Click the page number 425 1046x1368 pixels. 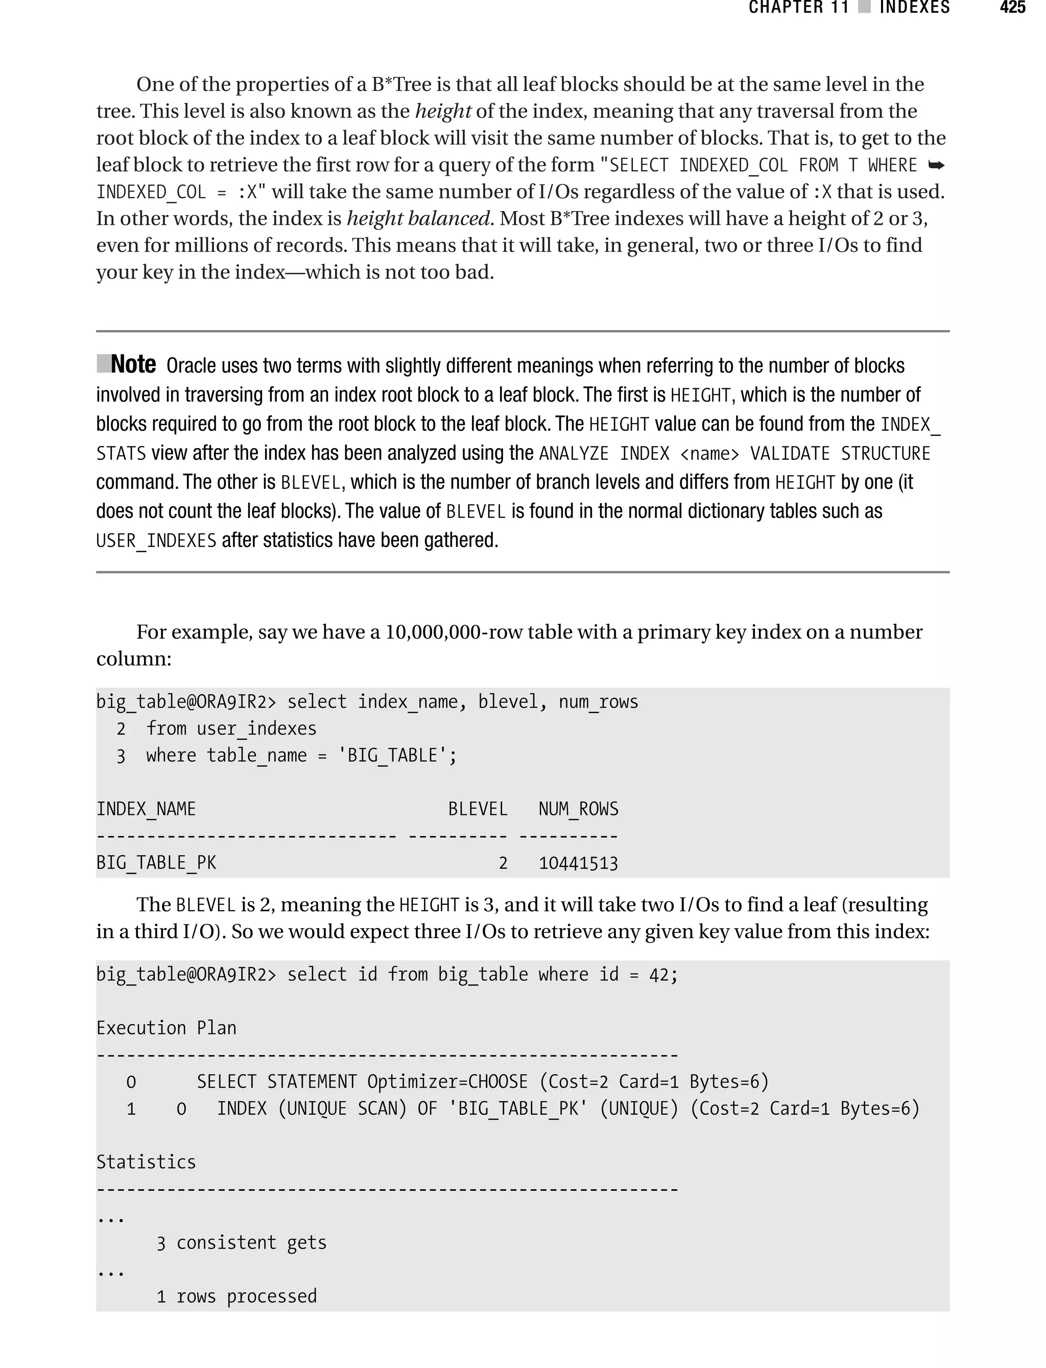[1012, 8]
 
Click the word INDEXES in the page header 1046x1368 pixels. [914, 8]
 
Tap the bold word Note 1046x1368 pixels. [133, 365]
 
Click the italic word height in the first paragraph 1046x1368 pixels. [443, 111]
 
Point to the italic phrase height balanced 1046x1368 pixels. [418, 219]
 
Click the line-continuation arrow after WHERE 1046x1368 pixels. [936, 166]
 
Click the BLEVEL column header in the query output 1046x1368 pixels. [478, 809]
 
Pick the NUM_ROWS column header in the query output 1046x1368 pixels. [578, 809]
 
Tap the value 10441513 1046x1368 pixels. [578, 863]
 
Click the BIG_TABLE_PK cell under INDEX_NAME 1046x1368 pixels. [156, 863]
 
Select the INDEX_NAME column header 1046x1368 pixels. [146, 809]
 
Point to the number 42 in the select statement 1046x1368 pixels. [659, 975]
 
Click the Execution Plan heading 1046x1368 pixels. [166, 1028]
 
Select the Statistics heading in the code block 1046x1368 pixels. [146, 1162]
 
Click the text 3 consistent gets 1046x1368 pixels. [242, 1242]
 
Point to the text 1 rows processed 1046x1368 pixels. [236, 1296]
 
